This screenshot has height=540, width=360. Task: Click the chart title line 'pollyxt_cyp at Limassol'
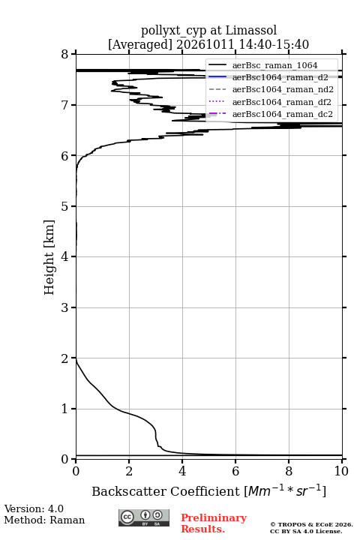coord(208,31)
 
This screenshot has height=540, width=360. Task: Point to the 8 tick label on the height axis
coord(64,54)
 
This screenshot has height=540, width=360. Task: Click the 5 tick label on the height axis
coord(64,206)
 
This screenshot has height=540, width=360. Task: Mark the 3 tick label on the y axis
coord(64,307)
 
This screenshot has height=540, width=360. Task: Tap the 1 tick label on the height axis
coord(64,409)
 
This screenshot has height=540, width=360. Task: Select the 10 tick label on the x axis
coord(341,471)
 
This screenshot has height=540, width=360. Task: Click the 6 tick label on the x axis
coord(235,471)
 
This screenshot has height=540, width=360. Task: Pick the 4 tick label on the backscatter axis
coord(182,471)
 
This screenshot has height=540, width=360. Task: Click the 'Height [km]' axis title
coord(49,257)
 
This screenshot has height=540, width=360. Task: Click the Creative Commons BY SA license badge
coord(144,518)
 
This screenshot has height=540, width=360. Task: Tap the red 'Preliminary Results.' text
coord(214,523)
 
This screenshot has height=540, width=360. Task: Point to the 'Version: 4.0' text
coord(34,508)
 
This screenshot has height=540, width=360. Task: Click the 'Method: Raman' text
coord(44,520)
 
